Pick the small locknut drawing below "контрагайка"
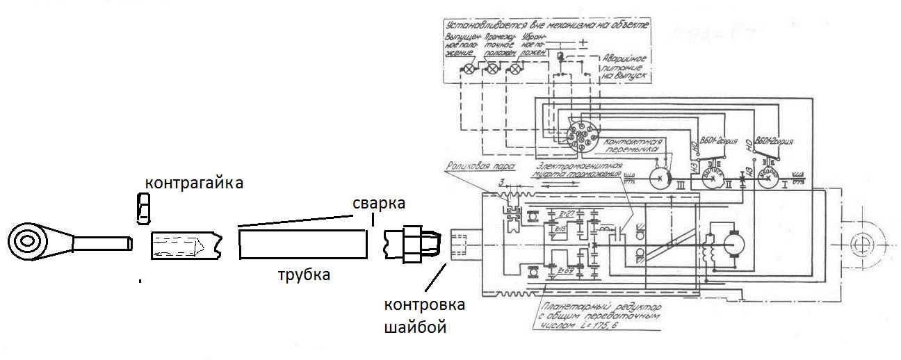click(143, 208)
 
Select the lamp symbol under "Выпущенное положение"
click(470, 69)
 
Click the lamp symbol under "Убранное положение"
click(515, 69)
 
